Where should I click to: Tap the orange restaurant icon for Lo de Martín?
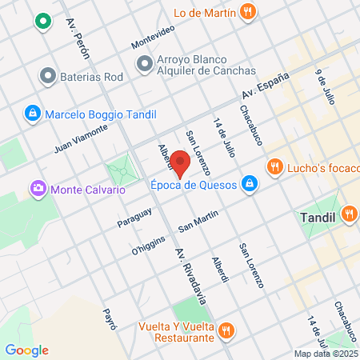(x=249, y=12)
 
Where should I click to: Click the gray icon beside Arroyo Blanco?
(x=145, y=62)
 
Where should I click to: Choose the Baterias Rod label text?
(x=91, y=78)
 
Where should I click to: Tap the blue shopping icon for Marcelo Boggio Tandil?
(x=33, y=112)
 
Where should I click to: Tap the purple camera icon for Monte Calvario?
(x=37, y=190)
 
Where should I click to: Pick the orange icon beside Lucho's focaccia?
(x=274, y=166)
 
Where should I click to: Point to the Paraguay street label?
(x=134, y=219)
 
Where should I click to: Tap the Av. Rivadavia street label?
(x=194, y=277)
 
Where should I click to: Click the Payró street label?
(x=110, y=318)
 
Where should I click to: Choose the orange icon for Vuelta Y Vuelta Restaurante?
(x=226, y=330)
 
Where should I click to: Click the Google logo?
(x=27, y=350)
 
